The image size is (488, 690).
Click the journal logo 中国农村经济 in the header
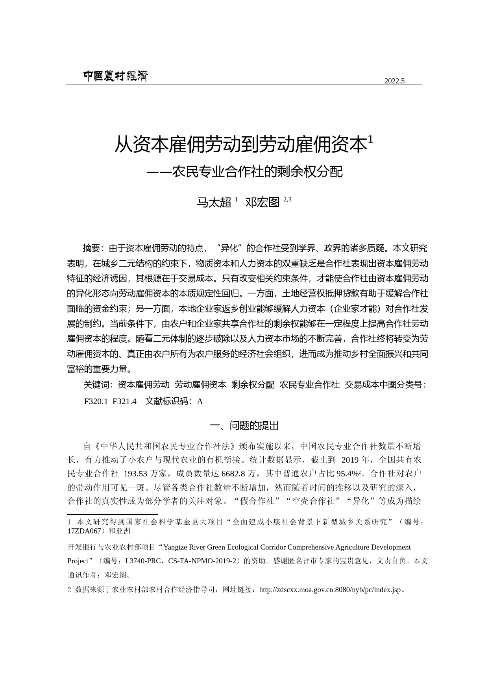[115, 76]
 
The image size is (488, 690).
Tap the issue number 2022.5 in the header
[394, 81]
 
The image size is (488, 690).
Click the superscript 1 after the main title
[370, 140]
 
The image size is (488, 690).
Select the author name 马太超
[214, 202]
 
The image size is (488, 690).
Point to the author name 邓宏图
[262, 202]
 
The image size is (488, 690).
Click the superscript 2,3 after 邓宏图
[287, 199]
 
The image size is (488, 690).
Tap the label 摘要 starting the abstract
[92, 248]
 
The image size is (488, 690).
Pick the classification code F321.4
[124, 401]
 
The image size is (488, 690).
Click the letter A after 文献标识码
[200, 401]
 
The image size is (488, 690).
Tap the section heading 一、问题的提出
[244, 426]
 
